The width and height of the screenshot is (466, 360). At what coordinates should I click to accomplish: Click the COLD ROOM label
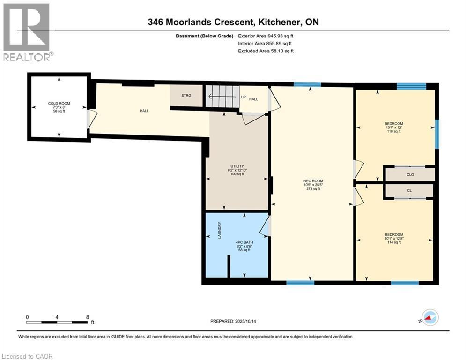[59, 103]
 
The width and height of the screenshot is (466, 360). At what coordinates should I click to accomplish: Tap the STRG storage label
[186, 96]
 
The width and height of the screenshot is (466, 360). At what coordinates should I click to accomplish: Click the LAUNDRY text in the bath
[219, 230]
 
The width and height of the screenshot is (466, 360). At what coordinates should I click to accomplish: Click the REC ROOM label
[313, 181]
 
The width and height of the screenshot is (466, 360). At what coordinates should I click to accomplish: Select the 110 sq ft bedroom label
[393, 124]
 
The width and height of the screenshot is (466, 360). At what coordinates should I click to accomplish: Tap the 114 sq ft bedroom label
[393, 234]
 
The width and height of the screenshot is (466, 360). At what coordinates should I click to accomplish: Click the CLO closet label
[410, 174]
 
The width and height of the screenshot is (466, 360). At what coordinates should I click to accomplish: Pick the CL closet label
[409, 191]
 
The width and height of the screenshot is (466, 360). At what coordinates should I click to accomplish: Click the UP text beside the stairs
[243, 97]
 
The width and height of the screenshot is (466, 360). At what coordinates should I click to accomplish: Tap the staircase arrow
[222, 97]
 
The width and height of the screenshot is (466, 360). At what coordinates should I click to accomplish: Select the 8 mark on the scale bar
[87, 317]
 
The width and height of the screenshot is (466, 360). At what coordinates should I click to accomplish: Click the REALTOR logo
[27, 32]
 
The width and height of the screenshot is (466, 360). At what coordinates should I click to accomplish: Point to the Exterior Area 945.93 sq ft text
[266, 36]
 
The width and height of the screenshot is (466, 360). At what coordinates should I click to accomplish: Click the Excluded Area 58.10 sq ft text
[266, 51]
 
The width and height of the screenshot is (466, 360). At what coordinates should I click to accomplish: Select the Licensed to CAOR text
[27, 356]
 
